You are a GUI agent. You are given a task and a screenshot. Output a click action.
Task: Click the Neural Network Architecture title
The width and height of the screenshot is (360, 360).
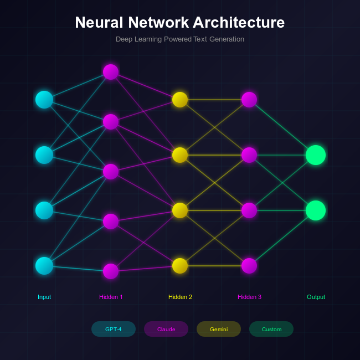(x=180, y=23)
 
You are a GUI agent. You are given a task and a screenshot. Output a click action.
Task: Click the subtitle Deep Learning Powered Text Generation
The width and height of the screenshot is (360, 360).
(x=180, y=39)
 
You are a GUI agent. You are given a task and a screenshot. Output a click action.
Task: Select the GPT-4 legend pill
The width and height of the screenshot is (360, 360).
(x=114, y=329)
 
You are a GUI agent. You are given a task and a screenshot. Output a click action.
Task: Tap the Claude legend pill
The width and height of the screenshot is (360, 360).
(x=166, y=329)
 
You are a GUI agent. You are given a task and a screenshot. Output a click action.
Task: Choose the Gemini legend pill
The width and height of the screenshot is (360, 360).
(x=219, y=329)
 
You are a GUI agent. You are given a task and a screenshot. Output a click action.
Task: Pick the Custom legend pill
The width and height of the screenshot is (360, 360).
(x=271, y=329)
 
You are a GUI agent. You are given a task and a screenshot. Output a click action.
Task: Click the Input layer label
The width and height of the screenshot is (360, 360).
(x=44, y=297)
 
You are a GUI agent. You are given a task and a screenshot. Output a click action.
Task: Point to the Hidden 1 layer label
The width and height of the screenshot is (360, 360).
(x=111, y=297)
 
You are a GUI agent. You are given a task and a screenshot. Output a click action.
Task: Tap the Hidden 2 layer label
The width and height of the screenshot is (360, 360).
(x=180, y=297)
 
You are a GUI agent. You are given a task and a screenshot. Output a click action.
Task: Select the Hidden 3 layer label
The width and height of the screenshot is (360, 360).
(x=249, y=297)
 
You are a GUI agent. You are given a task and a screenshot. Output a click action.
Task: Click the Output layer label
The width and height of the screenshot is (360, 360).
(x=316, y=297)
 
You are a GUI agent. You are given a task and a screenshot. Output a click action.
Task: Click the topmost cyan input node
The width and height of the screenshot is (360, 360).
(x=44, y=100)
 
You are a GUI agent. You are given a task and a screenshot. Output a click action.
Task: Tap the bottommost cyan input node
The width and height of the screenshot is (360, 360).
(x=44, y=266)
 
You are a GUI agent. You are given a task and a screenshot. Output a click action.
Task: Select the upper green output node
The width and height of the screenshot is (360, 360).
(x=316, y=155)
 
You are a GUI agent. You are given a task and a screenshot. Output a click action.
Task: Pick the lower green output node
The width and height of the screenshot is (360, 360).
(x=316, y=210)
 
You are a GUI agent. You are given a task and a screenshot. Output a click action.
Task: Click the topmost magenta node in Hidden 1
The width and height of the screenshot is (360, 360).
(x=111, y=72)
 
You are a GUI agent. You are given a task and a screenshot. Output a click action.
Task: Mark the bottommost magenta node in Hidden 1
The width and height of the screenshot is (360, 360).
(x=111, y=271)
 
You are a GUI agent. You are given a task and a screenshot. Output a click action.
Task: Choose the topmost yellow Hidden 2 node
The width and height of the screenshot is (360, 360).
(x=180, y=100)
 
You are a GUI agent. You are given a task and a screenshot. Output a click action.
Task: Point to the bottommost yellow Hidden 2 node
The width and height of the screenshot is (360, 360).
(x=180, y=266)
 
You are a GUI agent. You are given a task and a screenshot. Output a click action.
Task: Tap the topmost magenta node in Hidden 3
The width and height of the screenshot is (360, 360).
(x=249, y=100)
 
